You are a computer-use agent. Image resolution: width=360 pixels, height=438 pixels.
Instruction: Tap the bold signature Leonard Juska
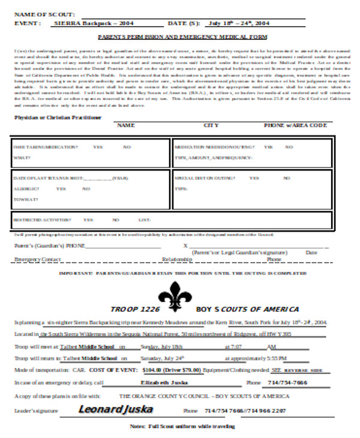[115, 409]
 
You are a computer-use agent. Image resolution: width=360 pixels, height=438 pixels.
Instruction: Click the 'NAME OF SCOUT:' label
[45, 13]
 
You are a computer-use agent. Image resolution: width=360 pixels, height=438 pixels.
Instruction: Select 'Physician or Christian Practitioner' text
[58, 118]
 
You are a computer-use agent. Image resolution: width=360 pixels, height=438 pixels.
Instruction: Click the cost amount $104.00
[154, 370]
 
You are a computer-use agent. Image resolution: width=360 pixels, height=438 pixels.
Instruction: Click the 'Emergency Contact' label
[37, 259]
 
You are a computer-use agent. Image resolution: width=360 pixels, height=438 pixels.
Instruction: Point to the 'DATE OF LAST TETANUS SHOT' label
[48, 178]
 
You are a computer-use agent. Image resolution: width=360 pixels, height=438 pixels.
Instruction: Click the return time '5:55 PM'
[273, 358]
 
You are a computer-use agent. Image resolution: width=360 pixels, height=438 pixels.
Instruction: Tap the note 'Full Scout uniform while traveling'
[183, 427]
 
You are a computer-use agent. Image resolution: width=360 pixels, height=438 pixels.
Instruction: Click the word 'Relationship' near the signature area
[177, 259]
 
